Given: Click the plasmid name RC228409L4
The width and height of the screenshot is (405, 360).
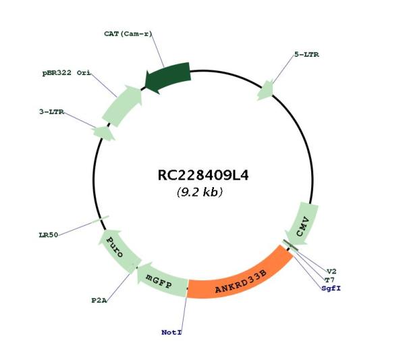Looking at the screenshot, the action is tap(203, 175).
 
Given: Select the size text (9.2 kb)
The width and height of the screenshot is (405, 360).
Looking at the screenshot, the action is tap(200, 192).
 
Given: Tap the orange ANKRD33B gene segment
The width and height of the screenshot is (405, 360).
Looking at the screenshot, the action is tap(240, 276).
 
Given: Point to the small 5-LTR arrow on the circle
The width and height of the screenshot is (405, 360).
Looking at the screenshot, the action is tap(265, 90).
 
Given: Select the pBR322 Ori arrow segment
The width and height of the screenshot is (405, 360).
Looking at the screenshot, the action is tap(122, 106).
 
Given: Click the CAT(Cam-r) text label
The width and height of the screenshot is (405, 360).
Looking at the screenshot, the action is tap(128, 34).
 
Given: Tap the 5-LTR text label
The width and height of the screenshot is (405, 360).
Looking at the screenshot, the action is tap(306, 55).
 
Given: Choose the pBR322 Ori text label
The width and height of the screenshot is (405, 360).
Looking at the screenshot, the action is tap(67, 73).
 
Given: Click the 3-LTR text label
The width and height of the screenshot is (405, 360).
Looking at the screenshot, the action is tap(52, 112).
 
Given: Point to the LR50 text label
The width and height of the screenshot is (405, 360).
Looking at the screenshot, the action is tap(49, 235).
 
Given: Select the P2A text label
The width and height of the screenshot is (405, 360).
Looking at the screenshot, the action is tap(99, 301).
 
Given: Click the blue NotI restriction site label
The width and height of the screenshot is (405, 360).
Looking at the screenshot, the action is tap(171, 332).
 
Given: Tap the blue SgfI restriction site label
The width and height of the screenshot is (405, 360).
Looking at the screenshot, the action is tap(331, 288).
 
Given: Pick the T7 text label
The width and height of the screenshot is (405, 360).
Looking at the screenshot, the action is tap(329, 280).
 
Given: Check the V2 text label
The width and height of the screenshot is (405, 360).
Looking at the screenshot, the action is tap(331, 272).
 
